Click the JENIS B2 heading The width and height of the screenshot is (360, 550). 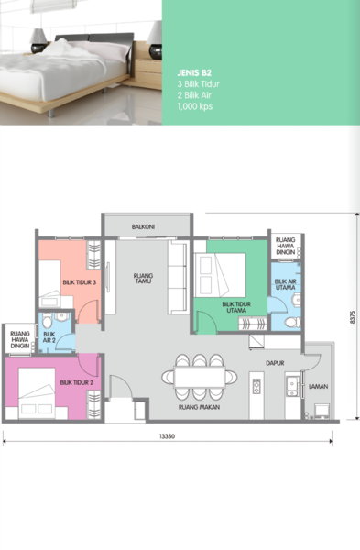(x=194, y=73)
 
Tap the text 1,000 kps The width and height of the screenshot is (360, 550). (x=195, y=106)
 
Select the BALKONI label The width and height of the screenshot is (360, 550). (x=143, y=227)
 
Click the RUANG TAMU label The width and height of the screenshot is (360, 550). (x=143, y=278)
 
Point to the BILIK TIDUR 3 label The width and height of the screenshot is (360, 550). (x=79, y=282)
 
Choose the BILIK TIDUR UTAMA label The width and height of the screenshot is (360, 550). (x=236, y=307)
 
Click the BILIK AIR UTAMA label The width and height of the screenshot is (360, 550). (x=285, y=284)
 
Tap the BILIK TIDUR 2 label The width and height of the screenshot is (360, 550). (x=76, y=382)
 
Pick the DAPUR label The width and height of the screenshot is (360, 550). (x=275, y=363)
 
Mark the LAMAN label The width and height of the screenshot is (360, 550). (x=318, y=387)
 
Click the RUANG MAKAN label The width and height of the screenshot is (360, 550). (x=199, y=407)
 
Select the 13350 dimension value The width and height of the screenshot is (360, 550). (x=167, y=436)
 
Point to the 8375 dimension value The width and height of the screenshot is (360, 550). (x=353, y=317)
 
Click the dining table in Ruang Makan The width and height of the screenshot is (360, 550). (x=199, y=378)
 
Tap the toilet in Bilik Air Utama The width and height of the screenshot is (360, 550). (x=293, y=322)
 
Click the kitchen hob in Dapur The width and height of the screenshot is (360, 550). (x=256, y=386)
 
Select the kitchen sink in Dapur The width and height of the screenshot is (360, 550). (x=291, y=385)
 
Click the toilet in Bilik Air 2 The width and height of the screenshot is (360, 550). (x=48, y=320)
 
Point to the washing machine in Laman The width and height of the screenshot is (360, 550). (x=322, y=411)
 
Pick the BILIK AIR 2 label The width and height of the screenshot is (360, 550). (x=49, y=337)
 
